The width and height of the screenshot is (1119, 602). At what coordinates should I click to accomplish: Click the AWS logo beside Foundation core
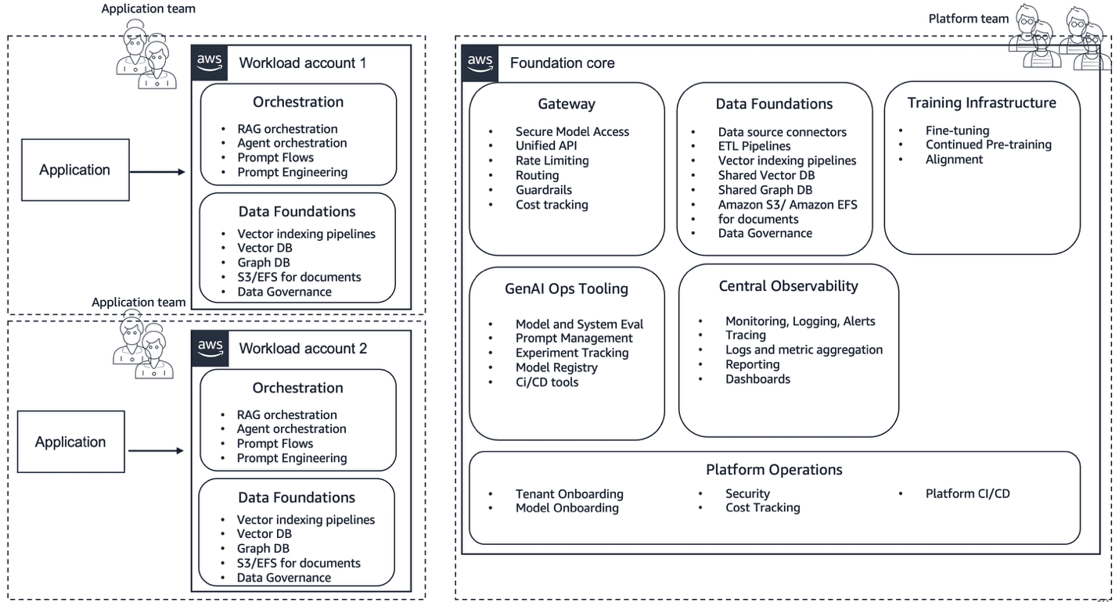point(480,63)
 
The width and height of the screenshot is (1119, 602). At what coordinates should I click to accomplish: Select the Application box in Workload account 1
point(75,170)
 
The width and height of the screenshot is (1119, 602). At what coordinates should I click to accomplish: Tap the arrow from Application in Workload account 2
point(156,450)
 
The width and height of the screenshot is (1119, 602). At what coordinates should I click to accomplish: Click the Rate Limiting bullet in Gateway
point(552,160)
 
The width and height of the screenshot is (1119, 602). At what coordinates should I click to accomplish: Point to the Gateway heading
point(567,104)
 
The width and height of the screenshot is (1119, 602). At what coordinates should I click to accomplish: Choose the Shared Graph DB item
point(765,189)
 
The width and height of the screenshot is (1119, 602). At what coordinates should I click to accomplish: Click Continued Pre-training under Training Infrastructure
point(988,145)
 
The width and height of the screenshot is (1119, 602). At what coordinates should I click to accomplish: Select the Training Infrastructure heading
point(981,103)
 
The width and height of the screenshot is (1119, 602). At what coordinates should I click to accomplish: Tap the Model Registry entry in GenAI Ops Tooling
point(556,367)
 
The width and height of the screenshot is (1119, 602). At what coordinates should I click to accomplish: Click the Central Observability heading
point(788,286)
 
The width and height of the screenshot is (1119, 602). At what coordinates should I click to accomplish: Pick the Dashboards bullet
point(757,379)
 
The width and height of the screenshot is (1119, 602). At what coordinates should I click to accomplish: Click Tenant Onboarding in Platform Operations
point(569,494)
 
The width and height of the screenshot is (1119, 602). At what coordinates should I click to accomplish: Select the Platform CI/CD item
point(967,494)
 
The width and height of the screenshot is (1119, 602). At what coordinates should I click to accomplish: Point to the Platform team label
point(968,18)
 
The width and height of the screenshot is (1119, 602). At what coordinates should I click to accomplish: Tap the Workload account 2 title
point(303,349)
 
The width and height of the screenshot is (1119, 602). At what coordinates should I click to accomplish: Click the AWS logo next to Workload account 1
point(209,63)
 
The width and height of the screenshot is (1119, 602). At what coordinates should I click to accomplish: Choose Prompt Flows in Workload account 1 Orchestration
point(275,158)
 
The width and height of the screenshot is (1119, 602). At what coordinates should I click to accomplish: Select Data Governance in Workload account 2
point(284,578)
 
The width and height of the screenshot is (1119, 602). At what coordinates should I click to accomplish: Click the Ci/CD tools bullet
point(547,382)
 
